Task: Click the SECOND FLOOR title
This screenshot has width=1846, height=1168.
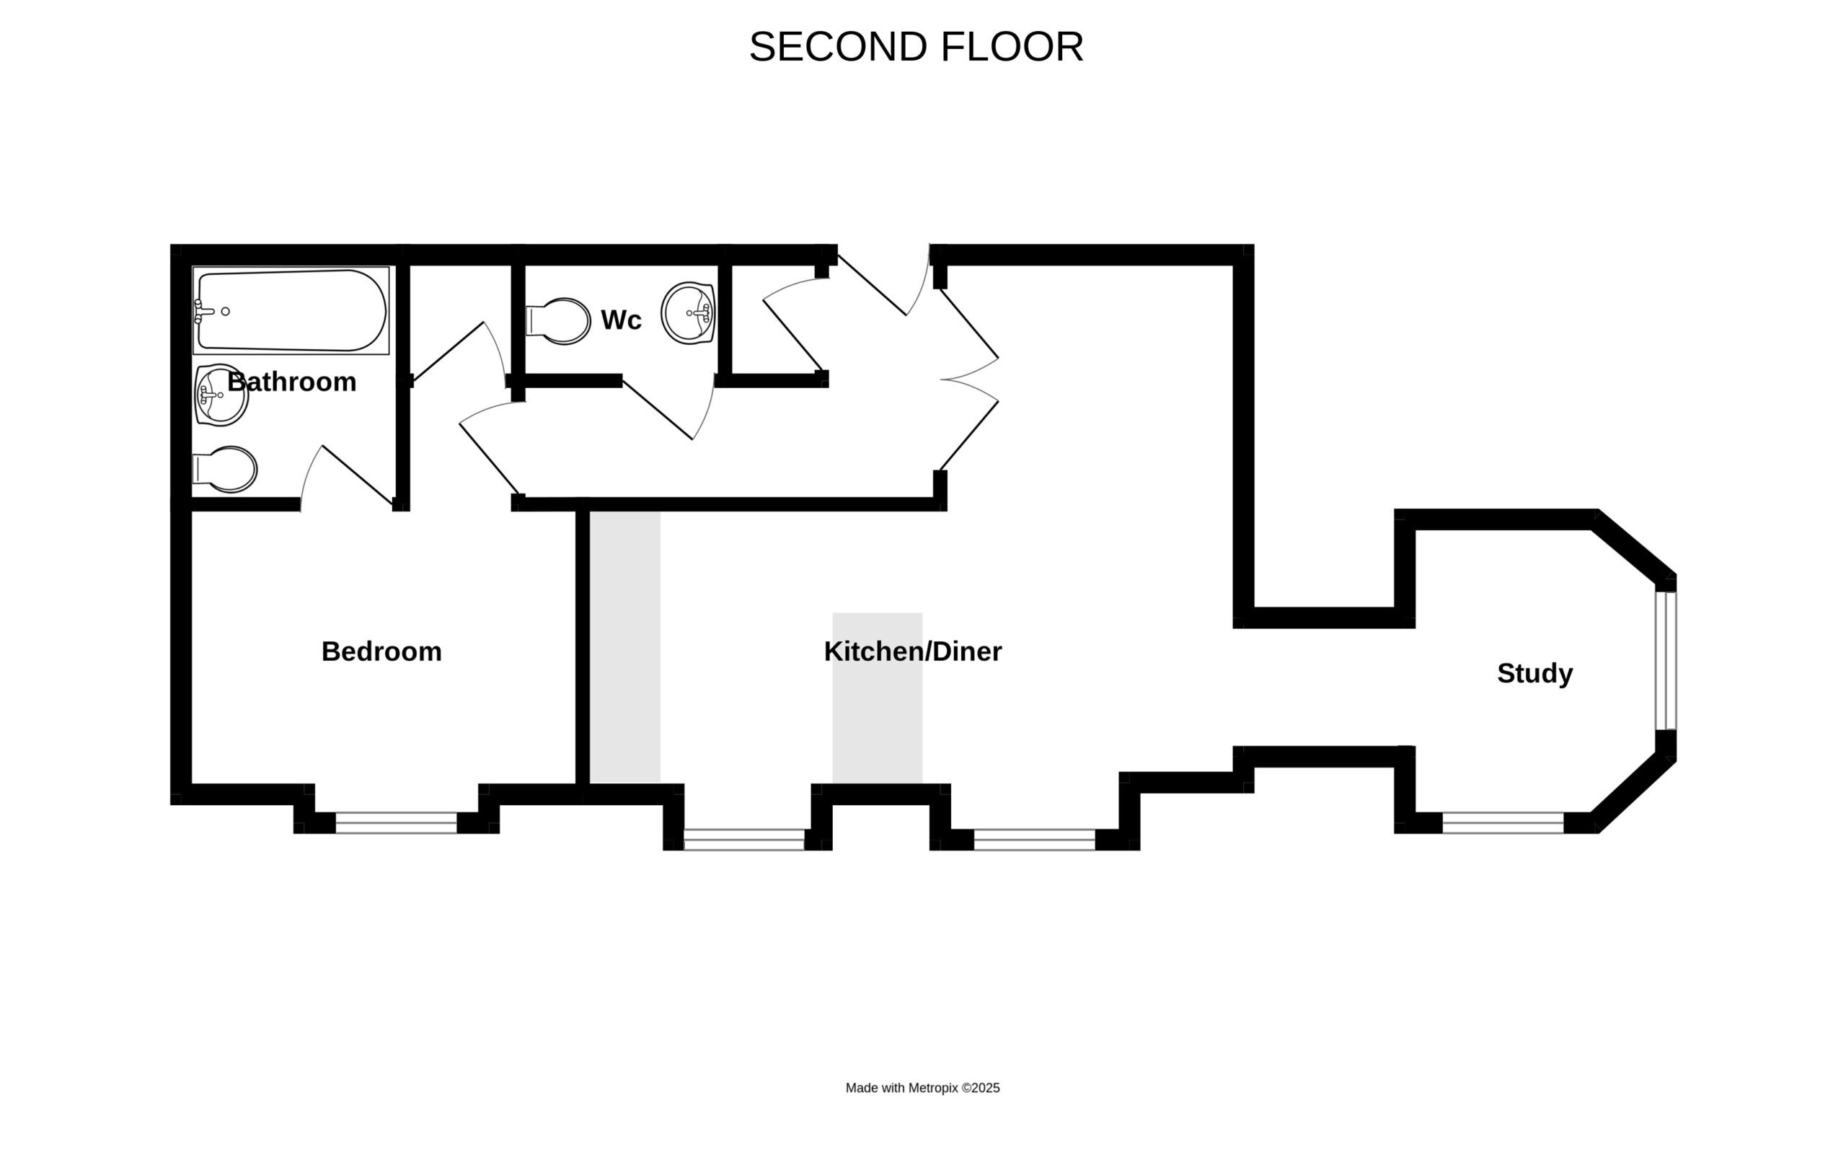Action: point(916,48)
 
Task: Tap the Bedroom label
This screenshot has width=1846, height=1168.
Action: point(381,651)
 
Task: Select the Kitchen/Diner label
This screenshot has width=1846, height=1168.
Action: point(912,651)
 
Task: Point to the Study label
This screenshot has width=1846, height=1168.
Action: point(1534,672)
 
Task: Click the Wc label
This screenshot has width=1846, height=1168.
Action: point(621,320)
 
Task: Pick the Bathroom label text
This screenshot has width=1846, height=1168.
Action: point(292,381)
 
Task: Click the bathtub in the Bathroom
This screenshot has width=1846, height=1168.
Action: point(291,311)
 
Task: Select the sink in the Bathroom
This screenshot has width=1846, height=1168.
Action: point(221,395)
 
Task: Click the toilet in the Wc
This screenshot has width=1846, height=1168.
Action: point(558,321)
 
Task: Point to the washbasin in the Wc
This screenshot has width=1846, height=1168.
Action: point(689,313)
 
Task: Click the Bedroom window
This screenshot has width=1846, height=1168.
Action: point(397,823)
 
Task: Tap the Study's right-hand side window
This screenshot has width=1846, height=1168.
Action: point(1666,660)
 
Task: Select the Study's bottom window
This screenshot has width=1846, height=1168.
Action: point(1503,823)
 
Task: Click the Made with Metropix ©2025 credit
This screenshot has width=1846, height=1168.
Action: point(922,1087)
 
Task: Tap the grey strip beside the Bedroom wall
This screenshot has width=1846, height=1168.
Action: point(624,647)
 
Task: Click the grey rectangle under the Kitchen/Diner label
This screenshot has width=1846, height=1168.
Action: point(877,698)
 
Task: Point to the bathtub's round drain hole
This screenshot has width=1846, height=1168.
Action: point(226,312)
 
